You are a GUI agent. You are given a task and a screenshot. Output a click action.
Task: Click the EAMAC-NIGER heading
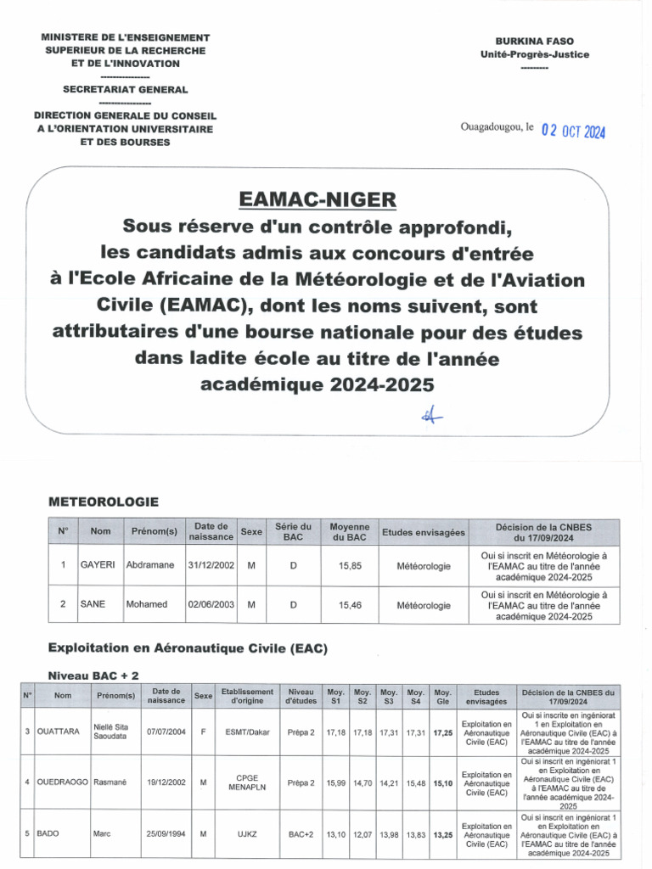pos(318,199)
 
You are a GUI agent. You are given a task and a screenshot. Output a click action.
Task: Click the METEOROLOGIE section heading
pos(104,502)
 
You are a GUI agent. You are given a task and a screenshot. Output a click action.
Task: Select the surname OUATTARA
pos(58,731)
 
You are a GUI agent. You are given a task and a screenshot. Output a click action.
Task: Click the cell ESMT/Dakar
pos(247,731)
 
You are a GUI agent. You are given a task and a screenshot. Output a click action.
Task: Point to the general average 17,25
pos(442,731)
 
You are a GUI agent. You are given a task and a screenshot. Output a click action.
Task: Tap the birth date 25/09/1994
pos(166,834)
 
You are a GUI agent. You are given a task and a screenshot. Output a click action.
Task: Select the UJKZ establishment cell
pos(247,834)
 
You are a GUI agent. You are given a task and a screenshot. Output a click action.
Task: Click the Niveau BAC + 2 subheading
pos(93,675)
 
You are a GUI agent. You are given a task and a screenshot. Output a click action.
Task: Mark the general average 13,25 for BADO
pos(442,834)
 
